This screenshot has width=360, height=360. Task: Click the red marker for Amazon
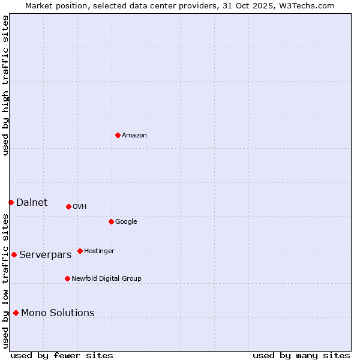pyautogui.click(x=118, y=135)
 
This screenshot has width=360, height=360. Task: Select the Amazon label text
pyautogui.click(x=134, y=136)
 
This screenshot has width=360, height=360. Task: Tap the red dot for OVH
pyautogui.click(x=68, y=206)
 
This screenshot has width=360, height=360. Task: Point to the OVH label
pyautogui.click(x=80, y=207)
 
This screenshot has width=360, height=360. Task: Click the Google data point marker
pyautogui.click(x=111, y=221)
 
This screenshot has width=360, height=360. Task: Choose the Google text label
pyautogui.click(x=126, y=222)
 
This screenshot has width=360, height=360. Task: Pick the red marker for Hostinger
pyautogui.click(x=80, y=251)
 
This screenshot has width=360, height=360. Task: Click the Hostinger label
pyautogui.click(x=99, y=251)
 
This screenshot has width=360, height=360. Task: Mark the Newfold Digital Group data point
pyautogui.click(x=67, y=278)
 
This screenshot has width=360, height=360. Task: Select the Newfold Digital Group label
pyautogui.click(x=106, y=279)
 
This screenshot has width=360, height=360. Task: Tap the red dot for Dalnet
pyautogui.click(x=11, y=202)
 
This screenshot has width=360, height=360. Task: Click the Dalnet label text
pyautogui.click(x=32, y=203)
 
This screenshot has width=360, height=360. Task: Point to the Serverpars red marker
pyautogui.click(x=14, y=254)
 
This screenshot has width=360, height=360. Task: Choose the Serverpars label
pyautogui.click(x=45, y=255)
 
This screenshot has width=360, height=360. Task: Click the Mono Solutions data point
pyautogui.click(x=16, y=313)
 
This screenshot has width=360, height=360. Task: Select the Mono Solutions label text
pyautogui.click(x=58, y=313)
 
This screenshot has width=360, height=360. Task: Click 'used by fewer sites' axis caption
pyautogui.click(x=62, y=356)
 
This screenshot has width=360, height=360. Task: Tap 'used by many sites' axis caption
pyautogui.click(x=301, y=356)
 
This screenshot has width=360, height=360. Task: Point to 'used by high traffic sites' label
pyautogui.click(x=5, y=85)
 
